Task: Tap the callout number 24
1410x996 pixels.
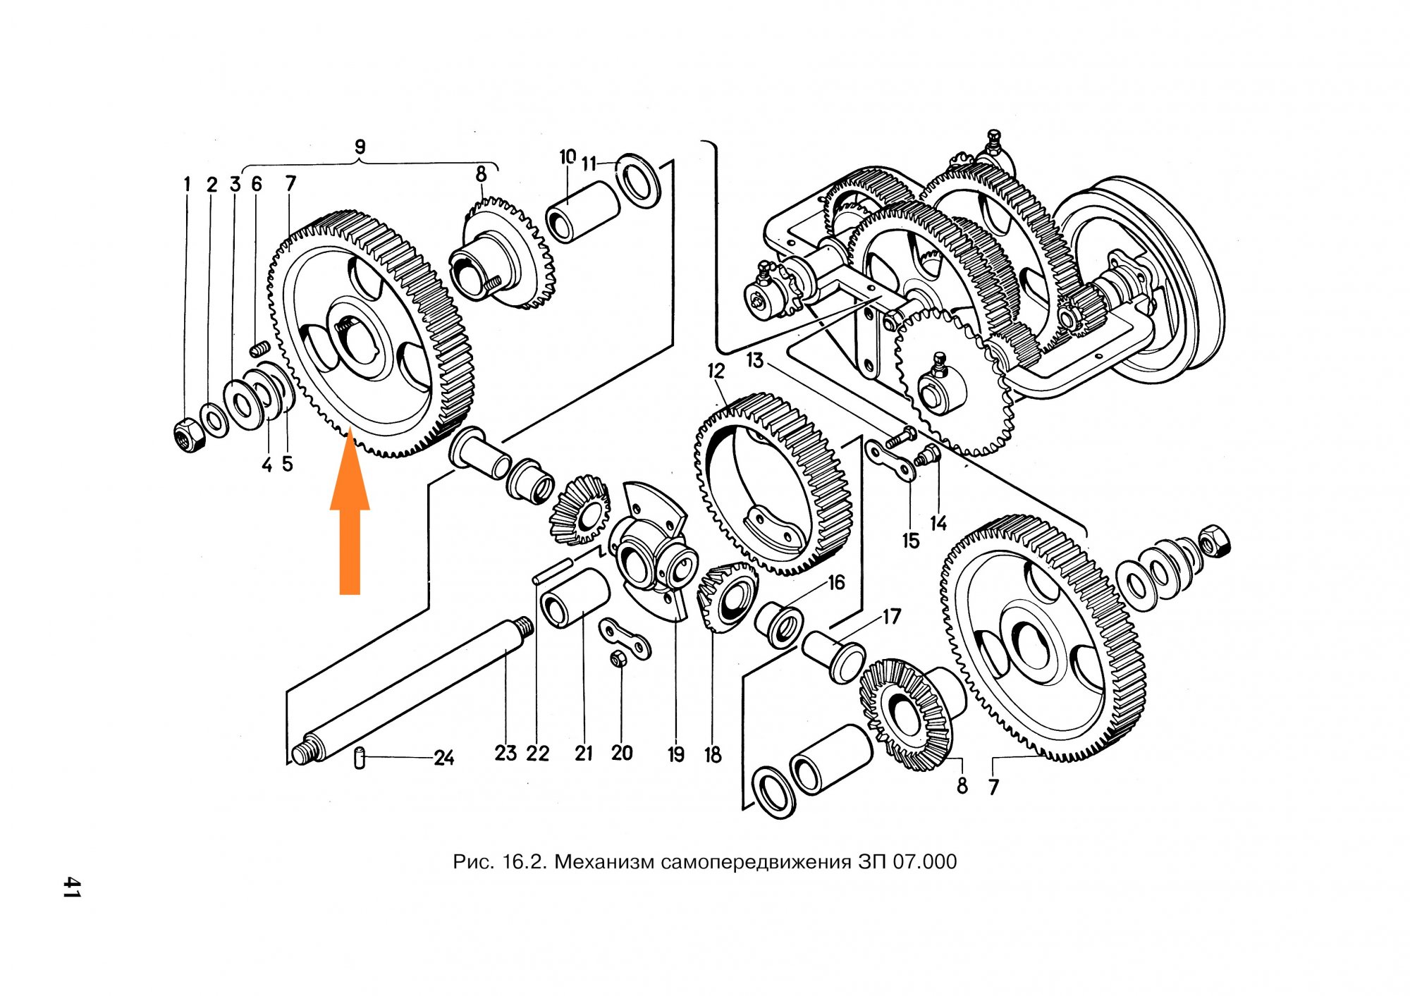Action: tap(443, 758)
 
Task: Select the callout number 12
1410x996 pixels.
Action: tap(716, 371)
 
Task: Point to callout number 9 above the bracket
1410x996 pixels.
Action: tap(360, 147)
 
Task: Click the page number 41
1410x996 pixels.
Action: tap(71, 887)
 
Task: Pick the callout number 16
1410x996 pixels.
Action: tap(836, 583)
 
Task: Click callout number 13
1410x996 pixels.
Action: tap(755, 360)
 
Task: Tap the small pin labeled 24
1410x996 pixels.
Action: tap(360, 759)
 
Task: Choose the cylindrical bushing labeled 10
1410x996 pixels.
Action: tap(582, 211)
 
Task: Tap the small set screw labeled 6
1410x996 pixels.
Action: tap(261, 348)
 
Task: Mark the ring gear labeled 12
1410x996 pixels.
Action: tap(773, 484)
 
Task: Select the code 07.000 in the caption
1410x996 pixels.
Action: tap(924, 861)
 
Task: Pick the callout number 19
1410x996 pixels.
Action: tap(676, 755)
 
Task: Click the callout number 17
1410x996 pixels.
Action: tap(892, 617)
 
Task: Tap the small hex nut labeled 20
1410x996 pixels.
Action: tap(618, 660)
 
